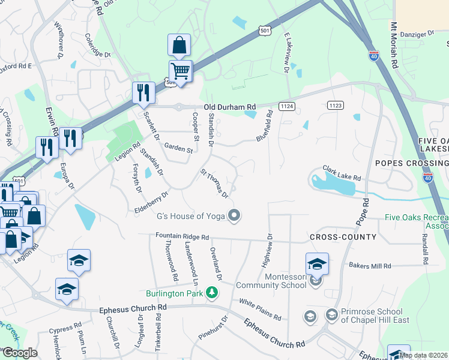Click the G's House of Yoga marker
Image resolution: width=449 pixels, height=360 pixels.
click(235, 215)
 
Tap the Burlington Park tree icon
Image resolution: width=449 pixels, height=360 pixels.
click(211, 293)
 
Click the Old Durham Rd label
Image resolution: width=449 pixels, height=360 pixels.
click(229, 107)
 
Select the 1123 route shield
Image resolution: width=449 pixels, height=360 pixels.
click(336, 104)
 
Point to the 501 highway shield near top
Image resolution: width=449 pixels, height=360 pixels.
click(265, 29)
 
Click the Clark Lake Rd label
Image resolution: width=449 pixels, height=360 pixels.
click(342, 173)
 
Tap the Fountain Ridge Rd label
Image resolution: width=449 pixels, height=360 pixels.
click(181, 237)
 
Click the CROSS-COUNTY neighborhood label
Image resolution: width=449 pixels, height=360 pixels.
click(343, 237)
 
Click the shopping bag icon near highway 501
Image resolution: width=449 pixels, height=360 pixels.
click(179, 44)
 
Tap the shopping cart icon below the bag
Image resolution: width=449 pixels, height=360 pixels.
click(180, 71)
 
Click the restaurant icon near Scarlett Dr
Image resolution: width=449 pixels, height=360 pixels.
click(143, 92)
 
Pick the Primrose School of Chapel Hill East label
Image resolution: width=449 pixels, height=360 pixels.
click(375, 316)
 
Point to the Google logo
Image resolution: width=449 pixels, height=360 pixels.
click(20, 353)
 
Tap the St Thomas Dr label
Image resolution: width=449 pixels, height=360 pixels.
click(214, 184)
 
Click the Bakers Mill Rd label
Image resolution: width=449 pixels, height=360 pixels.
click(370, 265)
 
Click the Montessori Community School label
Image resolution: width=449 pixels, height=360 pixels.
click(271, 281)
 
